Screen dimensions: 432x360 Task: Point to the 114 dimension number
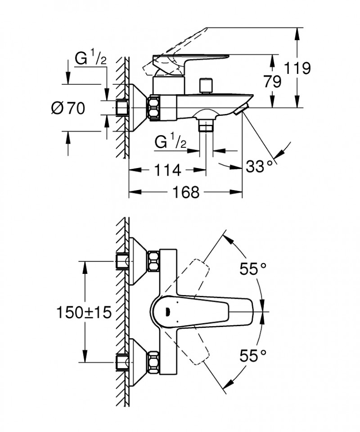pos(167,170)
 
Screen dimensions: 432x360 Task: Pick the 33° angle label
pos(260,167)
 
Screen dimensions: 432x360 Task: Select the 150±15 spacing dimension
pos(84,312)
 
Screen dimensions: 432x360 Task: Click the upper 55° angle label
pos(253,269)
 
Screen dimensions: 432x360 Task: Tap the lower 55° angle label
pos(253,356)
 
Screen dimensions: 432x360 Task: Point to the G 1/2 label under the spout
pos(171,143)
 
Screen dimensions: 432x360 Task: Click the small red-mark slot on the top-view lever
pos(170,311)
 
